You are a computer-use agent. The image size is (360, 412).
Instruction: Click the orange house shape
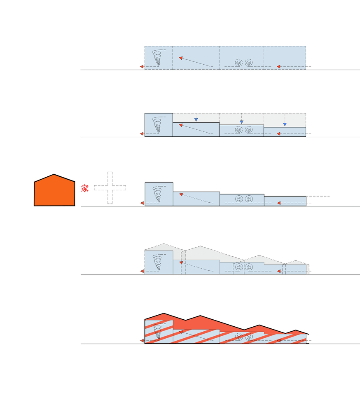[54, 190]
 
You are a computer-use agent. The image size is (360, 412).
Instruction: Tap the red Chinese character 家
[84, 188]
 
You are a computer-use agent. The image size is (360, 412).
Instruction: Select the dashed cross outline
[110, 187]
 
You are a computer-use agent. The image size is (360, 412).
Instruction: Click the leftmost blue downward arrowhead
[196, 120]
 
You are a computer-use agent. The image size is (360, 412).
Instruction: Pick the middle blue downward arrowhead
[241, 122]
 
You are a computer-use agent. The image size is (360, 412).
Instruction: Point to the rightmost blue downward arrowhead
[285, 124]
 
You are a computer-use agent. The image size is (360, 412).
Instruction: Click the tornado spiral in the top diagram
[158, 58]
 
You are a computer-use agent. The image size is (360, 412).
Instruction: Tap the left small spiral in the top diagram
[238, 63]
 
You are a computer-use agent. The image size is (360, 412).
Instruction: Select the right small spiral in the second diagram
[249, 130]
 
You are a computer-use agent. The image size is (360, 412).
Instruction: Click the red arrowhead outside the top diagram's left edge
[142, 67]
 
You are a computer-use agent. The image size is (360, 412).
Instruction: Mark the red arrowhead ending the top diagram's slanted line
[180, 58]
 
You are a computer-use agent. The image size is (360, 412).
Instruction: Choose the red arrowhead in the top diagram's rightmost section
[278, 67]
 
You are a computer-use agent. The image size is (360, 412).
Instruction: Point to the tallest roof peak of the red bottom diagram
[164, 313]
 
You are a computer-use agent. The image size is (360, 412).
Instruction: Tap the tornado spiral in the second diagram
[158, 125]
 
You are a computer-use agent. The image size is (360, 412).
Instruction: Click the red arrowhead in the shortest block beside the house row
[278, 203]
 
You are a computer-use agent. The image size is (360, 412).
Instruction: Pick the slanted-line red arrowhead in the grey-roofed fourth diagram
[181, 262]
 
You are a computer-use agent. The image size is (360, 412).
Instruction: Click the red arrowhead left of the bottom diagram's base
[142, 341]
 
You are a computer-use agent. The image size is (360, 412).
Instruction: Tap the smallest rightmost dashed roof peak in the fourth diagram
[296, 261]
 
